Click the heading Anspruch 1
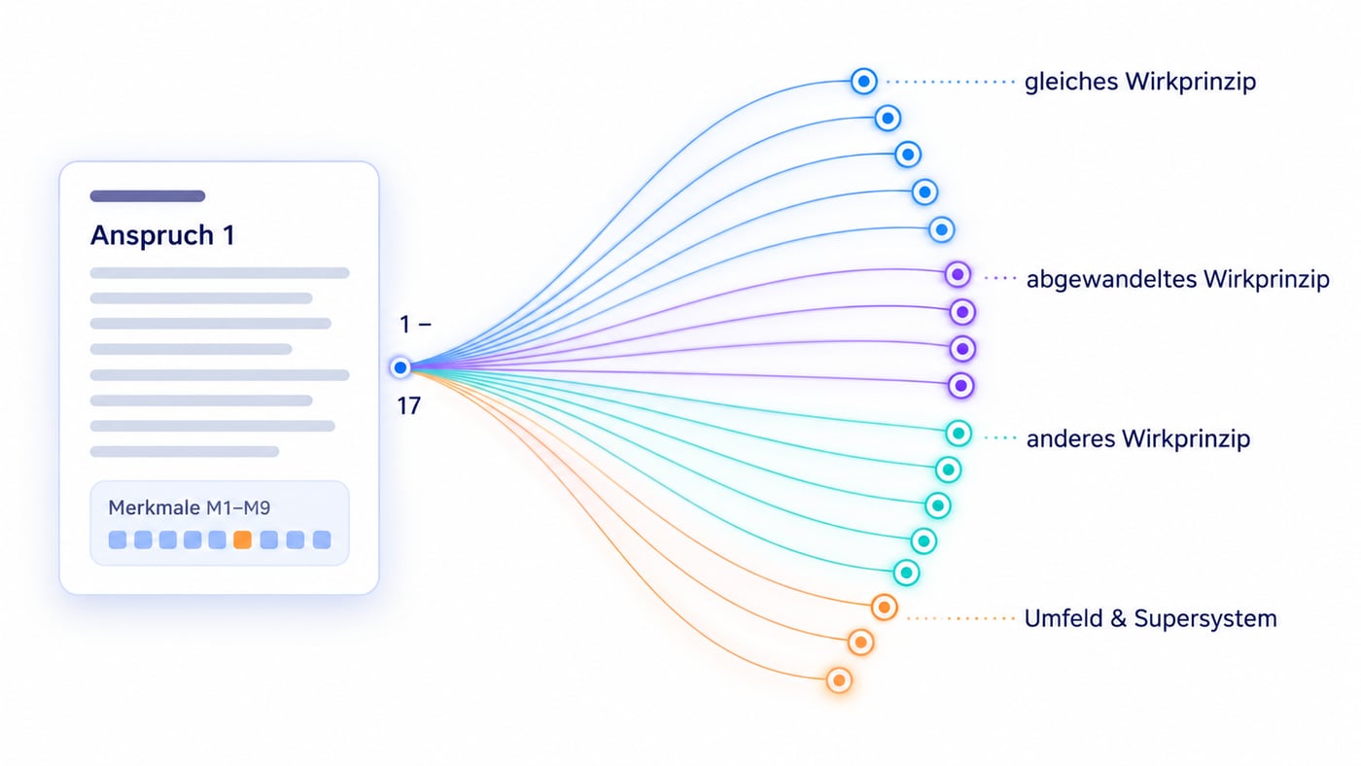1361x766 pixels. click(x=162, y=235)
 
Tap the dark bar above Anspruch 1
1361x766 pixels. click(x=148, y=195)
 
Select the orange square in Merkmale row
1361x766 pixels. click(x=242, y=540)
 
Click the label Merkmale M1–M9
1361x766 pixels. click(x=189, y=507)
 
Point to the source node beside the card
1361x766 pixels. click(x=401, y=367)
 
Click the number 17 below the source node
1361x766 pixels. click(x=409, y=405)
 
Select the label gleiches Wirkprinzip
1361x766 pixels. click(x=1139, y=82)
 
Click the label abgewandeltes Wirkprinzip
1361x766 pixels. click(x=1177, y=279)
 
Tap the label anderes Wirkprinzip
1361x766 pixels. click(x=1138, y=438)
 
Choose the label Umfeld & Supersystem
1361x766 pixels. click(x=1150, y=618)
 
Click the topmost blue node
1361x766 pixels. click(x=863, y=82)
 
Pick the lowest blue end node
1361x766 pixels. click(x=942, y=229)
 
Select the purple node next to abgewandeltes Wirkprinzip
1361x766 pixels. click(x=958, y=274)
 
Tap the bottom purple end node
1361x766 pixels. click(x=961, y=385)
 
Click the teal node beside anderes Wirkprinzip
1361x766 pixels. click(x=959, y=434)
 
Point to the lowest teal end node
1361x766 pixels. click(x=906, y=573)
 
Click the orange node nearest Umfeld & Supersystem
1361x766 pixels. click(x=884, y=607)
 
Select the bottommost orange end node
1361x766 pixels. click(x=839, y=680)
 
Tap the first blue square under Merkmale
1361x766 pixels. click(x=118, y=540)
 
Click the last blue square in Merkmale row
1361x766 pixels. click(x=322, y=540)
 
